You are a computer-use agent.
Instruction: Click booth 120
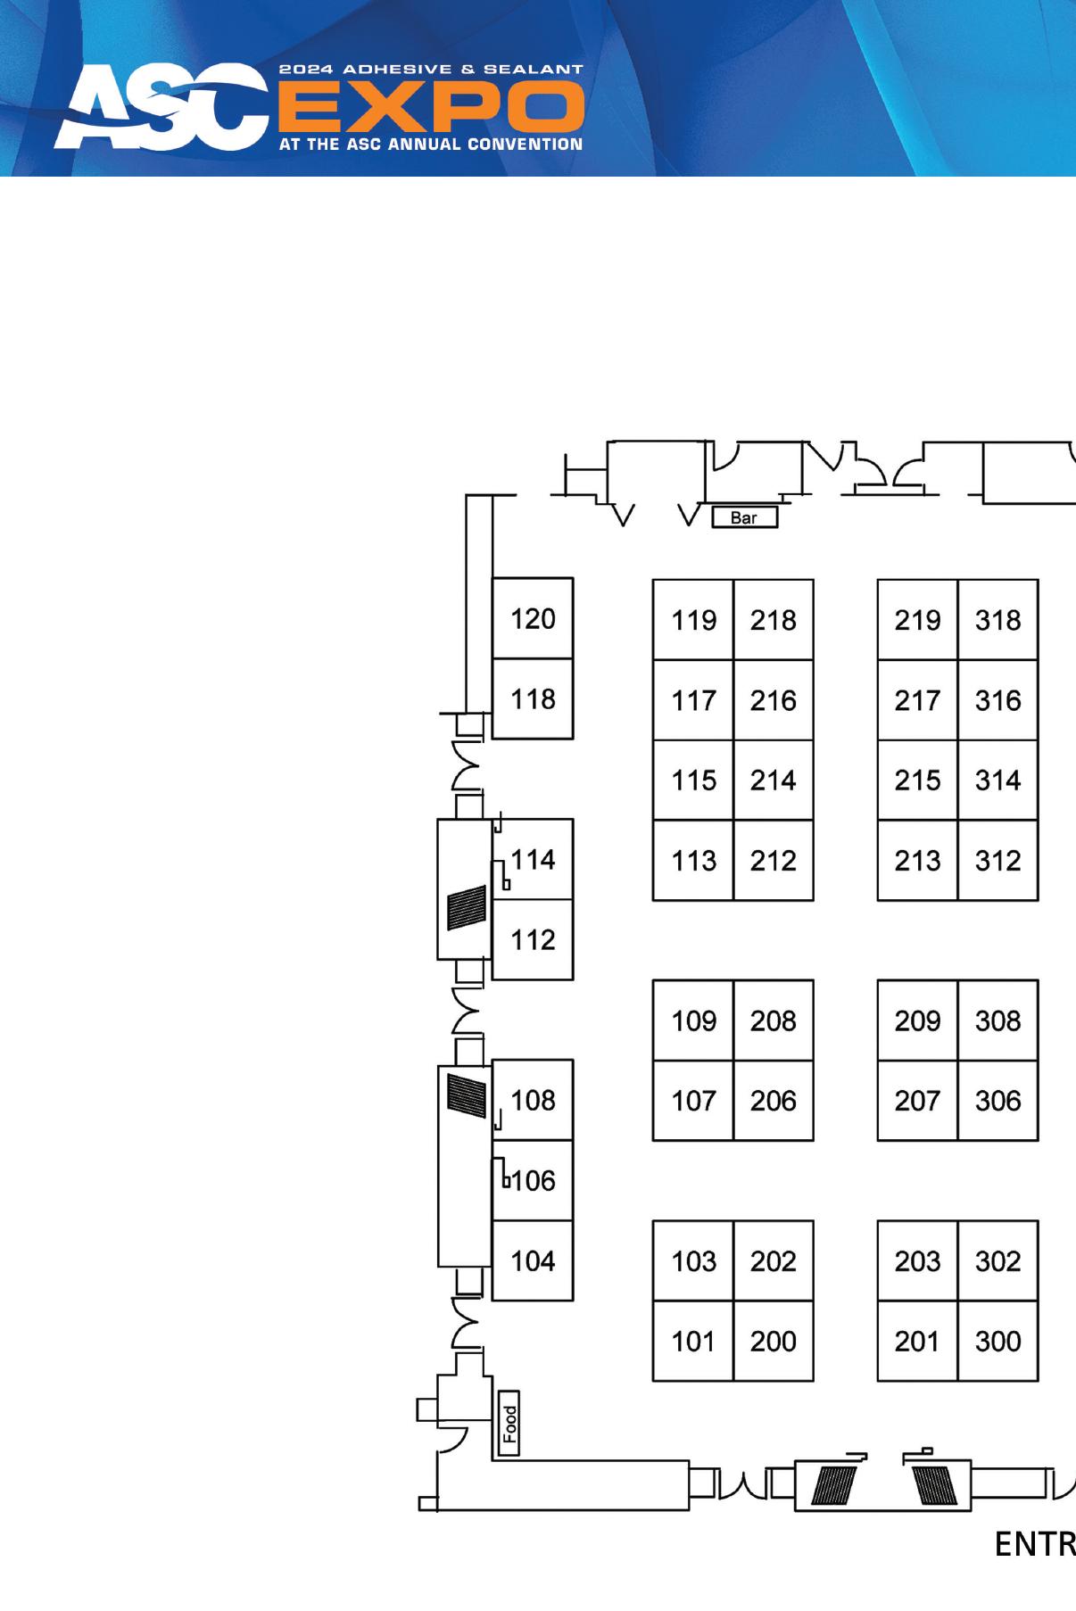pos(533,618)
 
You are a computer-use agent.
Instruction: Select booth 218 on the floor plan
pos(773,620)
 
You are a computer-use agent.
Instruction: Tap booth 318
pos(997,620)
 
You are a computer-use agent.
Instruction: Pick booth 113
pos(693,861)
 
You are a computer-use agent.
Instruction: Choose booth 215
pos(917,781)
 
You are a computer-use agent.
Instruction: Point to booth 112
pos(533,939)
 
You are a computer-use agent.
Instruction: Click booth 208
pos(773,1020)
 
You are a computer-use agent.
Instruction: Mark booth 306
pos(997,1101)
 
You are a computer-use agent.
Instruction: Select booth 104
pos(533,1260)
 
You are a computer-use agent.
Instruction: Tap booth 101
pos(693,1341)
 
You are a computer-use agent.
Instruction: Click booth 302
pos(997,1260)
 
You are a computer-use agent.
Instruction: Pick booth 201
pos(917,1341)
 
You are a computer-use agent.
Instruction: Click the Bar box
pos(744,517)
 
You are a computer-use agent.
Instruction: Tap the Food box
pos(509,1423)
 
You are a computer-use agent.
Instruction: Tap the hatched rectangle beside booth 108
pos(467,1096)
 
